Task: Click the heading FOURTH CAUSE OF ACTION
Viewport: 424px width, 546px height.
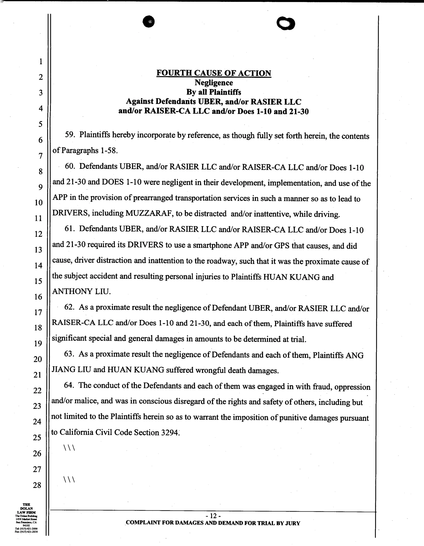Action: (x=213, y=73)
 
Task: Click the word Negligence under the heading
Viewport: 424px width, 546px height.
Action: (x=213, y=83)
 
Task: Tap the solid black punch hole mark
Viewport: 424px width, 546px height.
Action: (x=149, y=22)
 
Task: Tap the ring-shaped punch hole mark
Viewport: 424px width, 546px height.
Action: (x=285, y=24)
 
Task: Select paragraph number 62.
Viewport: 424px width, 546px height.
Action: (x=69, y=307)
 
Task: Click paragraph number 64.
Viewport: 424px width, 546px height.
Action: (x=69, y=386)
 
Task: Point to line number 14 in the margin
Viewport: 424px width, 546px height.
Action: (x=38, y=266)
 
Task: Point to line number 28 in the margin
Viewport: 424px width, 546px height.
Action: (x=37, y=485)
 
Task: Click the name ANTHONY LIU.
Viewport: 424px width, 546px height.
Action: (x=81, y=291)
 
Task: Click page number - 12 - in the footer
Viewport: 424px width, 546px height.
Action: (x=213, y=516)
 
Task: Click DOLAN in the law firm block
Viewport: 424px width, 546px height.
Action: (x=26, y=509)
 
